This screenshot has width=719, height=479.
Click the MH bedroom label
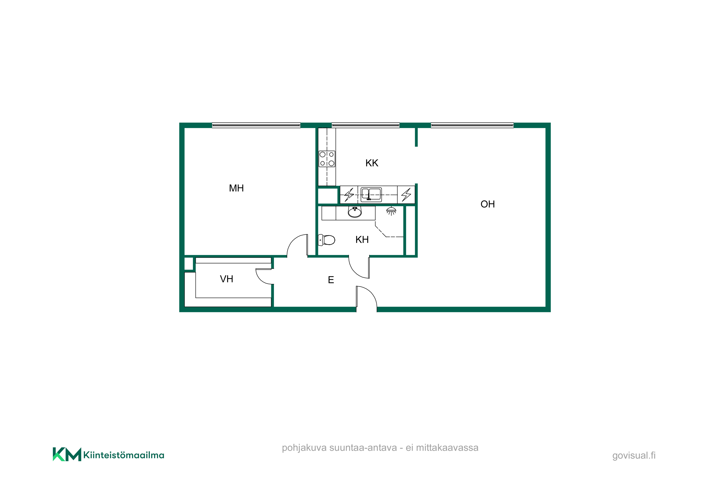[x=236, y=188]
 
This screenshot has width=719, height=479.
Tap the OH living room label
[x=487, y=204]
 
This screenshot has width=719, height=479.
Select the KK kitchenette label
[x=372, y=163]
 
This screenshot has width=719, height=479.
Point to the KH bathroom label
[x=362, y=239]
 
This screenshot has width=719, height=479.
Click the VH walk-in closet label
[x=226, y=279]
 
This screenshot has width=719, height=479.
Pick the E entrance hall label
[x=331, y=280]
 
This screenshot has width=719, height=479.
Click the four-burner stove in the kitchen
[x=327, y=159]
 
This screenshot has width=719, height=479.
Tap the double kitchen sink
[x=371, y=194]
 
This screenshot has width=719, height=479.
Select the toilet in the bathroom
[x=326, y=240]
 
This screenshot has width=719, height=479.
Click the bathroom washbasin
[x=355, y=212]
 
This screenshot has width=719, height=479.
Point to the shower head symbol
[x=391, y=211]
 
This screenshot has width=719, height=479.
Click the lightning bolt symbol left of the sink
[x=349, y=194]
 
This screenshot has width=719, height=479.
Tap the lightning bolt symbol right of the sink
[x=406, y=194]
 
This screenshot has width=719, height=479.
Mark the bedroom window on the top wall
[x=256, y=125]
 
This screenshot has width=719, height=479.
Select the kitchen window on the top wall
[x=366, y=125]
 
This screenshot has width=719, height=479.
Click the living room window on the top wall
[x=472, y=125]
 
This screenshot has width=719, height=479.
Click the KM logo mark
[x=67, y=454]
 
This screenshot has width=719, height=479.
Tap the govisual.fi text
[x=634, y=456]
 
